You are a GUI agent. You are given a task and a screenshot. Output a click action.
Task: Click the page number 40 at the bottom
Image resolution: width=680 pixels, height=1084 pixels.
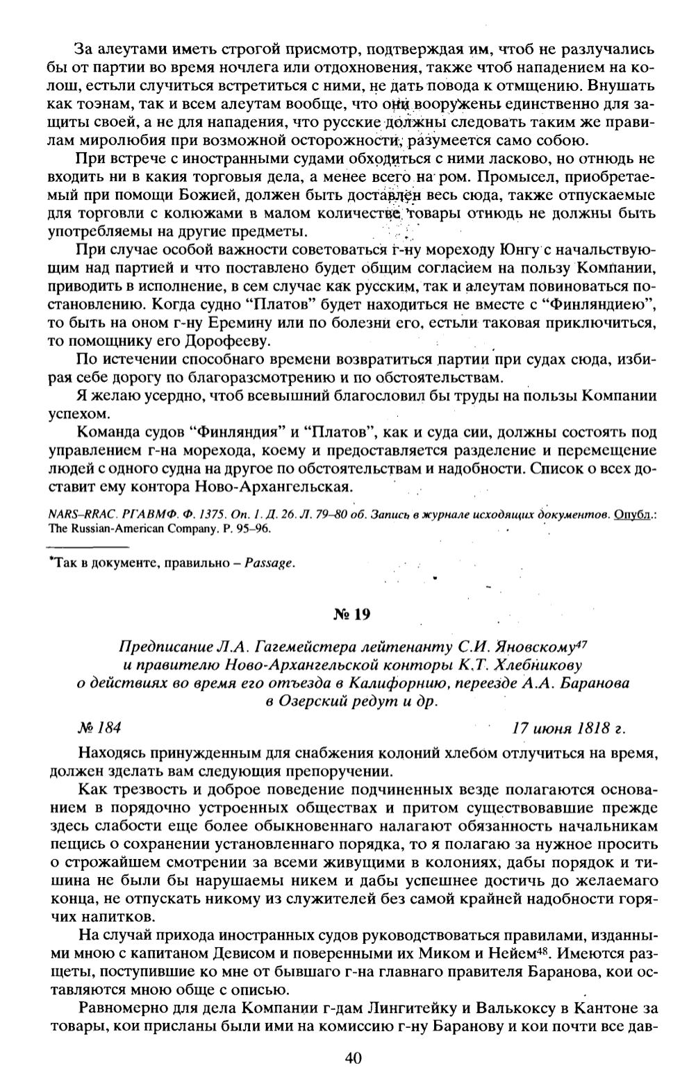click(x=352, y=1058)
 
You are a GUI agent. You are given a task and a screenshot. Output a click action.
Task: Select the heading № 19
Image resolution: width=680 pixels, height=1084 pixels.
click(x=352, y=614)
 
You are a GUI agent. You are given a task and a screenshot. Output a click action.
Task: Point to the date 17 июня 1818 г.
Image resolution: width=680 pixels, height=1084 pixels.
click(x=569, y=728)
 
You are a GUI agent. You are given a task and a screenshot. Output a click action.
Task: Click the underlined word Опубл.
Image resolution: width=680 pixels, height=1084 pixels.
click(x=635, y=515)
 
